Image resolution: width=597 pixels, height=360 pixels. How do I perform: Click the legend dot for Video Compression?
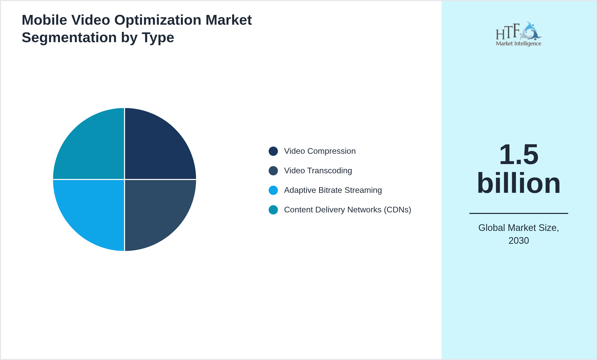pyautogui.click(x=273, y=151)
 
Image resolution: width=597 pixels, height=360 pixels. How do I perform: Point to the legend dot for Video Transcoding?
pyautogui.click(x=273, y=171)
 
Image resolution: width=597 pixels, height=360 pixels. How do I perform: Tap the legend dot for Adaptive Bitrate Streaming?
pyautogui.click(x=273, y=190)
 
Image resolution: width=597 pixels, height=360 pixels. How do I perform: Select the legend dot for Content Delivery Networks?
pyautogui.click(x=273, y=210)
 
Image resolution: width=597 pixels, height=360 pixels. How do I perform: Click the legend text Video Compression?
pyautogui.click(x=320, y=151)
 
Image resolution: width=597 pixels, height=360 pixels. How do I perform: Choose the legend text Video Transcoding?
pyautogui.click(x=318, y=171)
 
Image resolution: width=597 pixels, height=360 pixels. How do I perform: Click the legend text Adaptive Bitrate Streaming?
pyautogui.click(x=333, y=190)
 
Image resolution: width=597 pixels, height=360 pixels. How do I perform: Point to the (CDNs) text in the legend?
pyautogui.click(x=397, y=210)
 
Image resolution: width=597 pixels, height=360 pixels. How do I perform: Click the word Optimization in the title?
pyautogui.click(x=158, y=20)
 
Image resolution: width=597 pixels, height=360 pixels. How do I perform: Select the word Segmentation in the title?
pyautogui.click(x=69, y=38)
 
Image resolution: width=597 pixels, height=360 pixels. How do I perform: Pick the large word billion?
pyautogui.click(x=519, y=183)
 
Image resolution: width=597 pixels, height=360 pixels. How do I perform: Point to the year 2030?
pyautogui.click(x=519, y=241)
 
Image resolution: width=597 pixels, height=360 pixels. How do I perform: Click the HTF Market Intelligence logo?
pyautogui.click(x=519, y=34)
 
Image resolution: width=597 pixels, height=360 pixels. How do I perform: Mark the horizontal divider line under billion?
pyautogui.click(x=519, y=213)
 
